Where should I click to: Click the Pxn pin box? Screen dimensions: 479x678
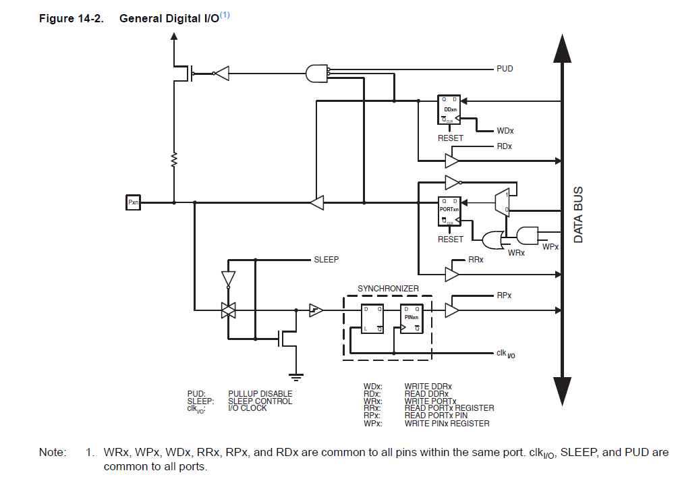tap(133, 202)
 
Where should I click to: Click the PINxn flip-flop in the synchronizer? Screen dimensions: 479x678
tap(412, 318)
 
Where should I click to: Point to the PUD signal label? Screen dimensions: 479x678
tap(505, 69)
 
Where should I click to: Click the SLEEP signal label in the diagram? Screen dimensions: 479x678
tap(326, 259)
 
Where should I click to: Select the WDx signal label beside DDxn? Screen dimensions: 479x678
tap(505, 131)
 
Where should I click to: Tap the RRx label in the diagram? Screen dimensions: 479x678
tap(476, 259)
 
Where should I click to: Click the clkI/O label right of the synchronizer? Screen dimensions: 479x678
tap(506, 353)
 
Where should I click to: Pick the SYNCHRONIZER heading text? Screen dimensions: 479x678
tap(388, 289)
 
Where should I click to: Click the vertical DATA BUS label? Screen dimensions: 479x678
tap(578, 215)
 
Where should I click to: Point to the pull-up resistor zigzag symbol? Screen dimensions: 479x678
tap(174, 160)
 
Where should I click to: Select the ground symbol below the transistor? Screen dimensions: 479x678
tap(295, 376)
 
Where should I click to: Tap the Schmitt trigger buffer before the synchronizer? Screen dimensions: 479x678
tap(316, 310)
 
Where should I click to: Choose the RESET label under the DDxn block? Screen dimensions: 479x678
tap(451, 138)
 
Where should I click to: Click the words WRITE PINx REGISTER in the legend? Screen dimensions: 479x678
tap(447, 424)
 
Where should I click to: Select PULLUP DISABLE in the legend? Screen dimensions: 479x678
tap(260, 394)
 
